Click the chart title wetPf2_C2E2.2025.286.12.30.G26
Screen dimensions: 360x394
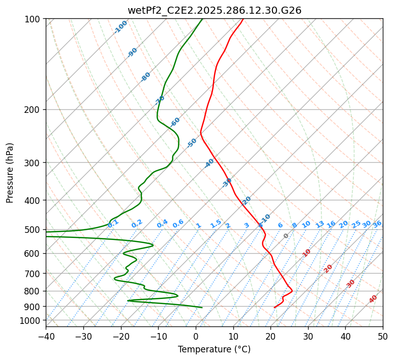[214, 10]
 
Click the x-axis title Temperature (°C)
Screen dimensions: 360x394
[214, 349]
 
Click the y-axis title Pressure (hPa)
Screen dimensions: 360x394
[10, 173]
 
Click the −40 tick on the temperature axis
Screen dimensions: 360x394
[46, 337]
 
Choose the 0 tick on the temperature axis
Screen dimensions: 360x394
[196, 337]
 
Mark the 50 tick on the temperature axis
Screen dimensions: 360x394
[383, 337]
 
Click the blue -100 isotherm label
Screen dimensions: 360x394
[121, 26]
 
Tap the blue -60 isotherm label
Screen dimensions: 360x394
[175, 122]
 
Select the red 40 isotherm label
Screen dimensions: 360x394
[373, 299]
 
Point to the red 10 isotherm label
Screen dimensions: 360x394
[307, 253]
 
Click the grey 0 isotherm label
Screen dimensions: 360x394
[286, 236]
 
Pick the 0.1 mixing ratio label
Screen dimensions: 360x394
[113, 223]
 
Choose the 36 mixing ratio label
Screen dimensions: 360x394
[377, 224]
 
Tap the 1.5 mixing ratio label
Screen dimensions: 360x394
[216, 223]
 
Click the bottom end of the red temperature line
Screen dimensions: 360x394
[275, 308]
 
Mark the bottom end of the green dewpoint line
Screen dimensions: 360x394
[202, 308]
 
